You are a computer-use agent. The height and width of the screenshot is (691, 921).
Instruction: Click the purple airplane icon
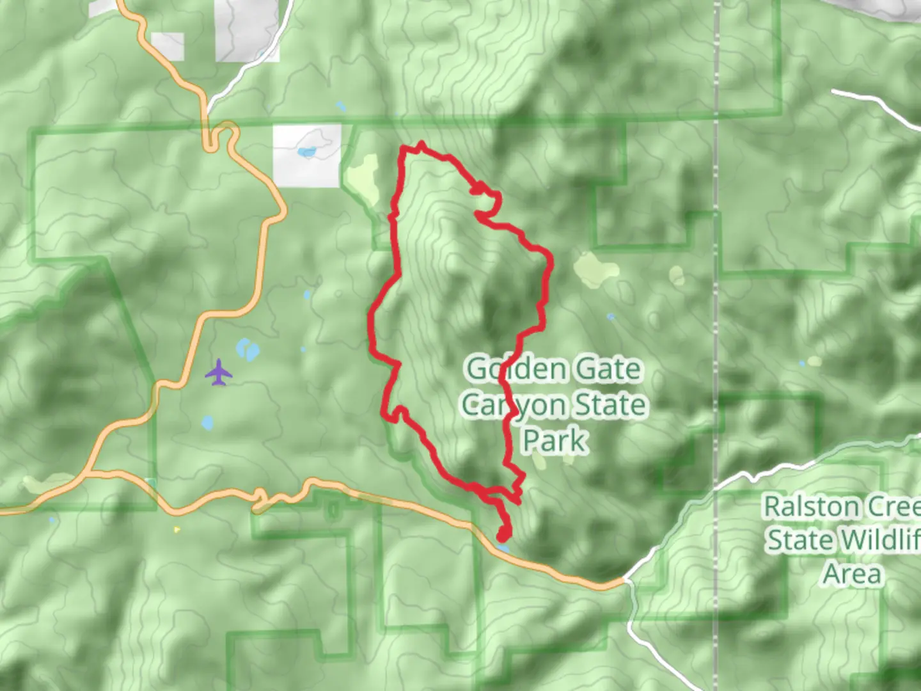219,372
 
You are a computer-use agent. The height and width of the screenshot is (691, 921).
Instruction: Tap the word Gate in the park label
608,369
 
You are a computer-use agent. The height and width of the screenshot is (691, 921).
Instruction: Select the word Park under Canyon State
555,441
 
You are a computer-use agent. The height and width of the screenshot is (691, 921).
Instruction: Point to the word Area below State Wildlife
852,574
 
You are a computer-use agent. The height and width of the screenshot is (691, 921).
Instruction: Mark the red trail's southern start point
504,534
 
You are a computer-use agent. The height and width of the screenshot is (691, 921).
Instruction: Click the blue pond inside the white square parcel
308,152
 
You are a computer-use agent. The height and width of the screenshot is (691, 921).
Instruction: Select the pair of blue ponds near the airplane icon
248,350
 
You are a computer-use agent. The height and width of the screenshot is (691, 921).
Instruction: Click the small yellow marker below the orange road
177,530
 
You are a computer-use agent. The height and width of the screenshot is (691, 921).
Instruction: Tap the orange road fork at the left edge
86,473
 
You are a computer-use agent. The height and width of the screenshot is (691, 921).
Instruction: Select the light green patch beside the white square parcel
362,175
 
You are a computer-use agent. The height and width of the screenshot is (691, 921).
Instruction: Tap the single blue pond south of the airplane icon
207,423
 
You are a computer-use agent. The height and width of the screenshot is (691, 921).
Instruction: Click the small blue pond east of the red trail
611,317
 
